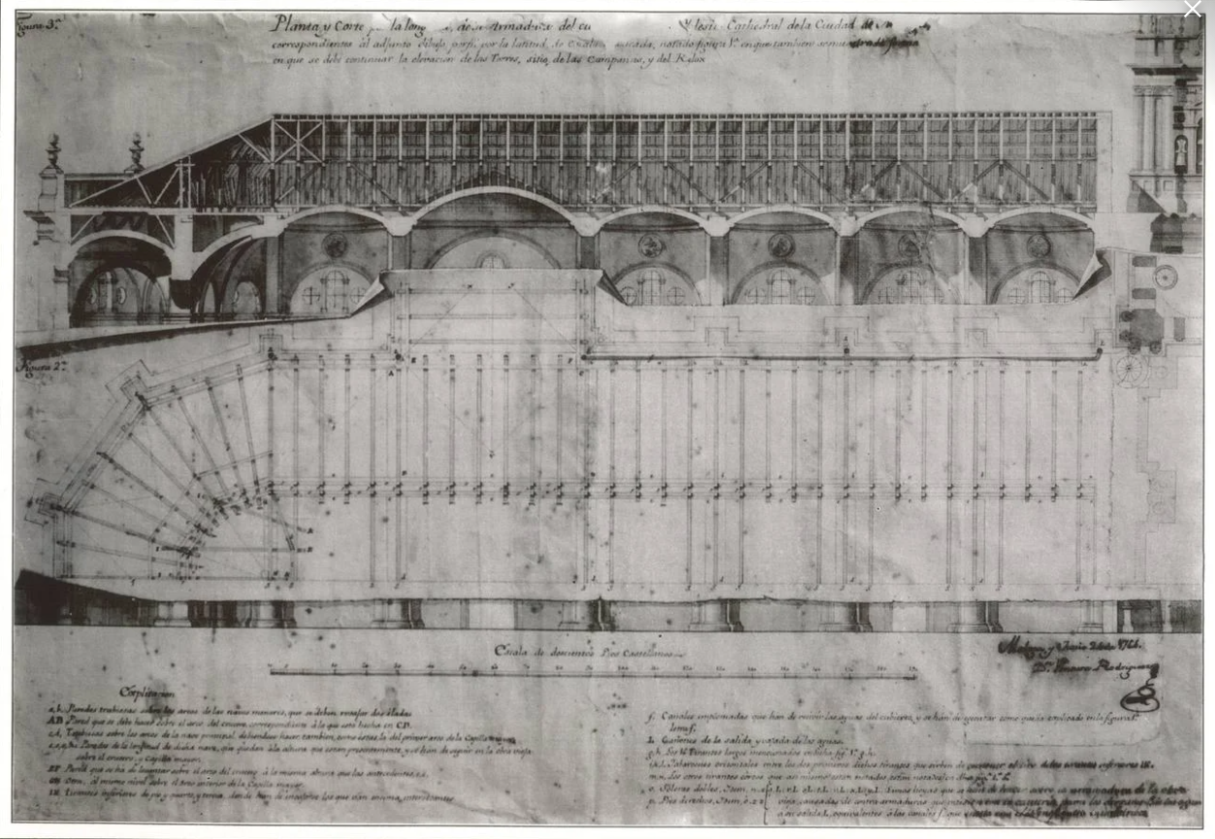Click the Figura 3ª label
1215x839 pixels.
point(38,27)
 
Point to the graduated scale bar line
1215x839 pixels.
point(592,670)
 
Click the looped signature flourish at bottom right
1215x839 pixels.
point(1139,697)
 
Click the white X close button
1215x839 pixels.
point(1192,10)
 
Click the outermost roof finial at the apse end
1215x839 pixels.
point(53,151)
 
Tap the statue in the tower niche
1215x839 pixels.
point(1181,151)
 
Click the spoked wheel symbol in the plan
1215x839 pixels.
point(1132,369)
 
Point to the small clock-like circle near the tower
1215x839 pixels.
point(1165,277)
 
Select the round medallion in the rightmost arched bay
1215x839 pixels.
point(1038,246)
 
